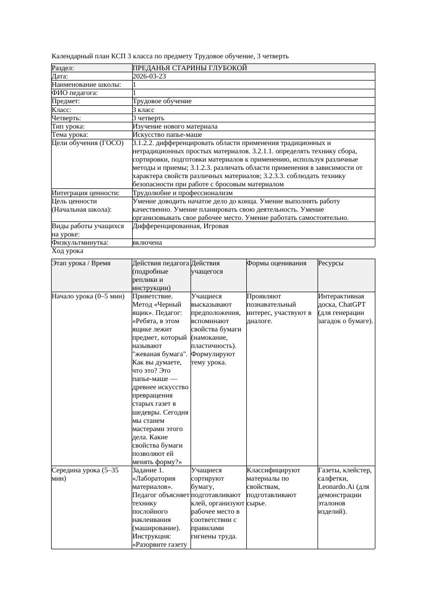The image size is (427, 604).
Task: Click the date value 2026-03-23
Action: pyautogui.click(x=149, y=76)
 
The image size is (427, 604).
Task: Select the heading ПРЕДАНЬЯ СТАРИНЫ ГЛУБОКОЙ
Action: pyautogui.click(x=189, y=68)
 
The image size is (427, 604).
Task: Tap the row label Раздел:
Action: pyautogui.click(x=63, y=68)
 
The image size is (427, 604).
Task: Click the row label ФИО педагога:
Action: pyautogui.click(x=75, y=93)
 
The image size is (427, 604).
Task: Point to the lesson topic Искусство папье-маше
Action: pyautogui.click(x=167, y=135)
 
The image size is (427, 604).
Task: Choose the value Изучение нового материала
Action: pyautogui.click(x=175, y=126)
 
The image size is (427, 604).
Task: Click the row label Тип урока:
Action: pyautogui.click(x=68, y=126)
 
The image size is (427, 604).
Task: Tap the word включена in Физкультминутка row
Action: pyautogui.click(x=147, y=243)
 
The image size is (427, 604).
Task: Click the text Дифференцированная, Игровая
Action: pyautogui.click(x=180, y=226)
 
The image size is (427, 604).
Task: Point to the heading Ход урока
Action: pyautogui.click(x=68, y=251)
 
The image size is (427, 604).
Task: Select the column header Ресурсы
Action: pyautogui.click(x=331, y=263)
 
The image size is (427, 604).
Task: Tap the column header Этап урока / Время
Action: pyautogui.click(x=81, y=263)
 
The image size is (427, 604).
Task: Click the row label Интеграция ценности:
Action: pyautogui.click(x=85, y=193)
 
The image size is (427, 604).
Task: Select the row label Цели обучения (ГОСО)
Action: pyautogui.click(x=88, y=143)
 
